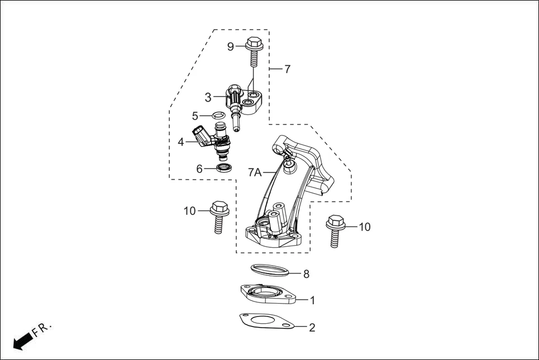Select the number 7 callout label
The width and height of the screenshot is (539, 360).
pyautogui.click(x=287, y=69)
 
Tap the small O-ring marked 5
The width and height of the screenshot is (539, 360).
pyautogui.click(x=219, y=116)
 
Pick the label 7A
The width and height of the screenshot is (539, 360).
pyautogui.click(x=255, y=172)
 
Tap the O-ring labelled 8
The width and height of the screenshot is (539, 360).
pyautogui.click(x=270, y=270)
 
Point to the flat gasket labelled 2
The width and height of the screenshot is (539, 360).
pyautogui.click(x=267, y=323)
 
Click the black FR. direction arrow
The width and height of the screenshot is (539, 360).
pyautogui.click(x=22, y=341)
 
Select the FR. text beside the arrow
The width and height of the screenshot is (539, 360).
pyautogui.click(x=42, y=329)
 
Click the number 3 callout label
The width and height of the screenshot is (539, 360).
pyautogui.click(x=208, y=98)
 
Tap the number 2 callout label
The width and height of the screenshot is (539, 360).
pyautogui.click(x=312, y=328)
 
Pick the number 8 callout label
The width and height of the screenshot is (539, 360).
pyautogui.click(x=306, y=274)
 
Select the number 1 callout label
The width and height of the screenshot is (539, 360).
pyautogui.click(x=312, y=300)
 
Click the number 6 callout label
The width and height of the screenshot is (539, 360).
pyautogui.click(x=199, y=169)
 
